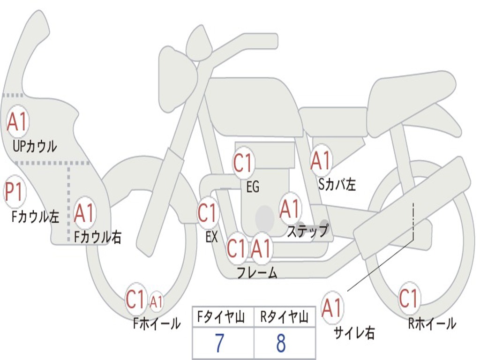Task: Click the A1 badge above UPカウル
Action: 17,121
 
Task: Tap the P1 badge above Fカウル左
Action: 15,192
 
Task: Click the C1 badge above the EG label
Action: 243,163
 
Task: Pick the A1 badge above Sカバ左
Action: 320,160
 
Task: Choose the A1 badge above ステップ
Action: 290,209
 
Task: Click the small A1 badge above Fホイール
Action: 156,302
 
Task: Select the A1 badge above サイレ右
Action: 332,307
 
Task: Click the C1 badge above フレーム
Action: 237,248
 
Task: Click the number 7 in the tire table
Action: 219,343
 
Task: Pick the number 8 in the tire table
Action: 281,343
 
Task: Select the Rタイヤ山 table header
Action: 285,317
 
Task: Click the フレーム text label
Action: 257,272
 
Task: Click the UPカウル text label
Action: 35,146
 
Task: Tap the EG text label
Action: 253,187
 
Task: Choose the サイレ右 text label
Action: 354,333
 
